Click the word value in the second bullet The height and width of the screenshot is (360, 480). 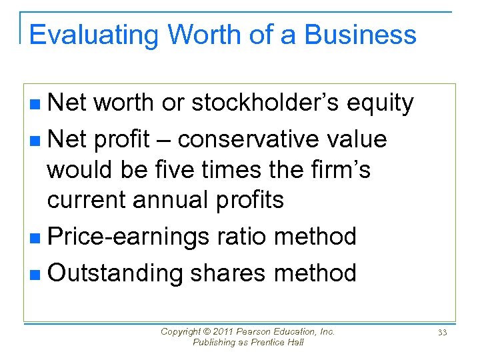click(x=361, y=139)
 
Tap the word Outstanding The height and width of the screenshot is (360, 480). click(x=115, y=273)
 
